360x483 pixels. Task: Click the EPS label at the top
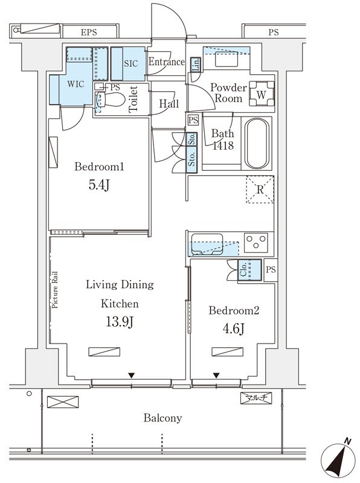(89, 33)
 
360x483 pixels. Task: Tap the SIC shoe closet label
(131, 63)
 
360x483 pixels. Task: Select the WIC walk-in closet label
(76, 84)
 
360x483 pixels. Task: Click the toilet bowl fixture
(111, 100)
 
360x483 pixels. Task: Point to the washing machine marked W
(262, 94)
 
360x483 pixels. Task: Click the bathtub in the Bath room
(257, 143)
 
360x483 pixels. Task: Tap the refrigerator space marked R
(260, 190)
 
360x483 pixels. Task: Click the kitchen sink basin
(207, 245)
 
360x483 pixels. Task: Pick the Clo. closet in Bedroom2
(249, 270)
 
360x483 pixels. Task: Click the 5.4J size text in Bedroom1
(99, 185)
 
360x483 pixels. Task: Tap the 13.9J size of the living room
(120, 322)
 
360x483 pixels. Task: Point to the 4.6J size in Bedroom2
(234, 328)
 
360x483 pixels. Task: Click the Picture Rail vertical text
(54, 290)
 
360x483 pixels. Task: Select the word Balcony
(162, 418)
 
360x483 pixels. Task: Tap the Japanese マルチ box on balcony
(256, 398)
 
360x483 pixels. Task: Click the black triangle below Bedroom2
(216, 375)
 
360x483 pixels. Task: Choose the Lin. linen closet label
(196, 65)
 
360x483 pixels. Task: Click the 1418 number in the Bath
(223, 146)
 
